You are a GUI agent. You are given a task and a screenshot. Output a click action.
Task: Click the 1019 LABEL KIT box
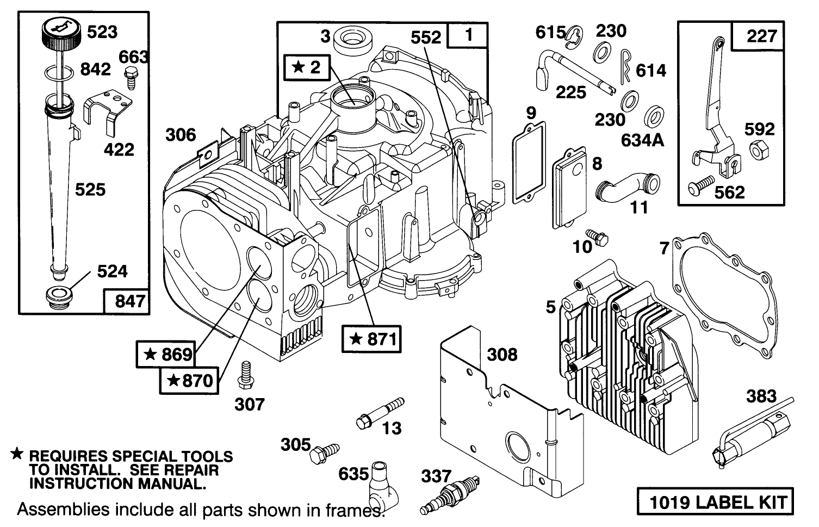pyautogui.click(x=715, y=501)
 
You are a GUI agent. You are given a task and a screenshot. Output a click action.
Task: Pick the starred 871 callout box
pyautogui.click(x=371, y=339)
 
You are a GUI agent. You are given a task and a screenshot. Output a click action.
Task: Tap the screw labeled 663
pyautogui.click(x=131, y=77)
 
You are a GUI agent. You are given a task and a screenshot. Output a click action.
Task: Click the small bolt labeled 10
pyautogui.click(x=601, y=238)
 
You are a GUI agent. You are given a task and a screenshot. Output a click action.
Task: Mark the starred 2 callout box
pyautogui.click(x=307, y=67)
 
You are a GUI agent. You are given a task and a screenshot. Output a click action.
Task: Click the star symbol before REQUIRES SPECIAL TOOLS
pyautogui.click(x=17, y=454)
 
